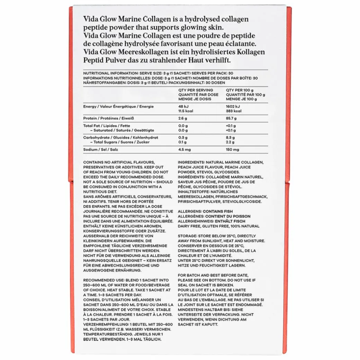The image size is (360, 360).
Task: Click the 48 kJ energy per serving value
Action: tap(183, 107)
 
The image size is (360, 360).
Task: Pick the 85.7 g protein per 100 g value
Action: tap(232, 118)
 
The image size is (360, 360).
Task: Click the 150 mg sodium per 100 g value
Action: tap(232, 150)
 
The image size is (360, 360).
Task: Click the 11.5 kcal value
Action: tap(185, 111)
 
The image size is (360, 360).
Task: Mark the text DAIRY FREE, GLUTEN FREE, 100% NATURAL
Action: tap(218, 226)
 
